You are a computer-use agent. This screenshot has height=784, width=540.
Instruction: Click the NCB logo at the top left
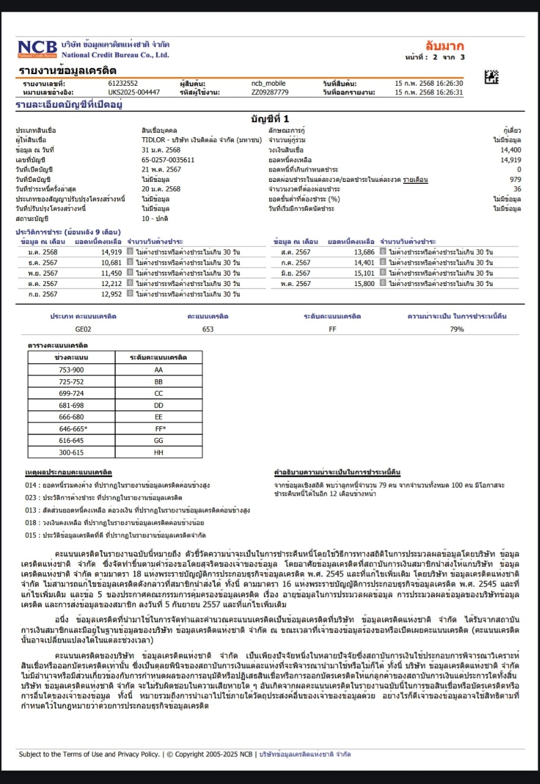tap(37, 48)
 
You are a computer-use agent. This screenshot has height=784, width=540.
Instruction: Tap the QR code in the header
tap(492, 77)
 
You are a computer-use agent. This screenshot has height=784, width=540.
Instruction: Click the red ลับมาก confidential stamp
tap(444, 46)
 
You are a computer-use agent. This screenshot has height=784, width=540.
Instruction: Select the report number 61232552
tap(123, 83)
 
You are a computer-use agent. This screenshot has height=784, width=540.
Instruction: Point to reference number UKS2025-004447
tap(134, 92)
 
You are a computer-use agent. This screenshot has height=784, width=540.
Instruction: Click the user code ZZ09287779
tap(269, 92)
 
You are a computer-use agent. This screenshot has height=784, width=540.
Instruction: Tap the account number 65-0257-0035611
tap(168, 160)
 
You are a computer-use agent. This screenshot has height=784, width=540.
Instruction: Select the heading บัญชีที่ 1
tap(269, 118)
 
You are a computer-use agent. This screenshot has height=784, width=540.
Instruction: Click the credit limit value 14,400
tap(511, 150)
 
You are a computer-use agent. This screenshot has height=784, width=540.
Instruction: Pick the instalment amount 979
tap(516, 179)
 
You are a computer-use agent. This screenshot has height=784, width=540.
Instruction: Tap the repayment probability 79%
tap(457, 329)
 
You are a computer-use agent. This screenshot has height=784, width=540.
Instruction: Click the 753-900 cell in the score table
tap(71, 370)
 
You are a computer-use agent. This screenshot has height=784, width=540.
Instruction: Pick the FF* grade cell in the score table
tap(159, 429)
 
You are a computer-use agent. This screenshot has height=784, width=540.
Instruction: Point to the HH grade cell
tap(159, 453)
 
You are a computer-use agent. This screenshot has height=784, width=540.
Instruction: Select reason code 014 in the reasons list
tap(31, 485)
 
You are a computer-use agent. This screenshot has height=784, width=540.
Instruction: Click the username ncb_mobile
tap(268, 83)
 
